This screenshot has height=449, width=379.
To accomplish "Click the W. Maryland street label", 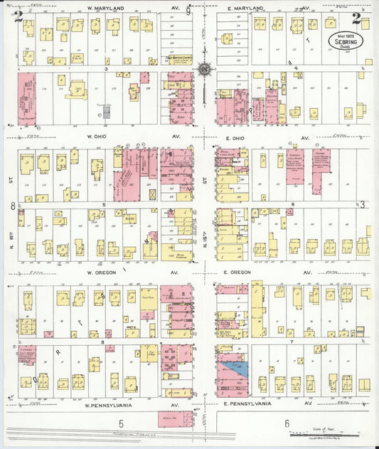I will pos(105,8).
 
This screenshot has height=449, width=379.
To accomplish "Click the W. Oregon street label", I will pos(107,272).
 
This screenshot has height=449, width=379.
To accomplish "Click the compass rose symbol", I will pos(205,70).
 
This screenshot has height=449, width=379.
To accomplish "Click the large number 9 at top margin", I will pos(188,10).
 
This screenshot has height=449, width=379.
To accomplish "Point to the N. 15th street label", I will pos(205,235).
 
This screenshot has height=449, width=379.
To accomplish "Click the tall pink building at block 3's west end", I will pos(26,96).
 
